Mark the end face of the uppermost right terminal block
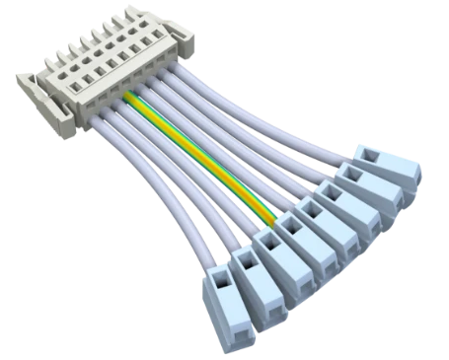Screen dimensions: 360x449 [412, 178]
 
